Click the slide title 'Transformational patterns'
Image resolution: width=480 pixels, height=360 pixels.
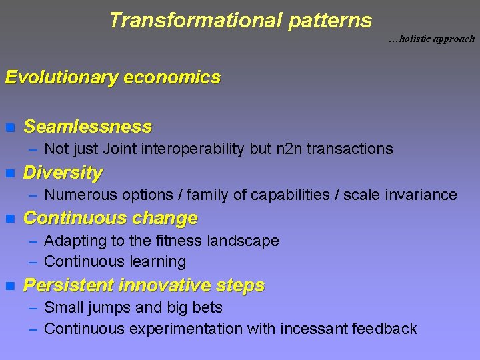[240, 20]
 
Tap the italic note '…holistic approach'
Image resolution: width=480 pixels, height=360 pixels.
[431, 39]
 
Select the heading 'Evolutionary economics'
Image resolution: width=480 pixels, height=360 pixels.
[112, 77]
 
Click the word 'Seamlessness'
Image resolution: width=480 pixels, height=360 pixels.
[87, 127]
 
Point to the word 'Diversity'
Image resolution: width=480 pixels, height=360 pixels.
[63, 173]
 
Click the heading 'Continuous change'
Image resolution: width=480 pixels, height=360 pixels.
[110, 218]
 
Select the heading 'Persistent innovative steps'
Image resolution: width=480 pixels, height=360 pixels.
[143, 286]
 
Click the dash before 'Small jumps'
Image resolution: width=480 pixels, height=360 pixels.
[33, 307]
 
